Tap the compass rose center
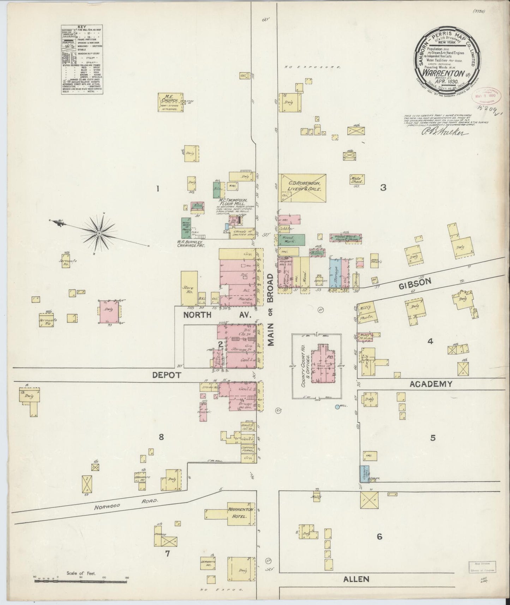[x=100, y=233]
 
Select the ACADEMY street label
[x=431, y=384]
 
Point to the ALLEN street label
[x=356, y=579]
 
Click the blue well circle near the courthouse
[x=337, y=407]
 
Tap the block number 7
[x=168, y=553]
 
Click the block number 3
[x=383, y=188]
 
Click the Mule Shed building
[x=356, y=179]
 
